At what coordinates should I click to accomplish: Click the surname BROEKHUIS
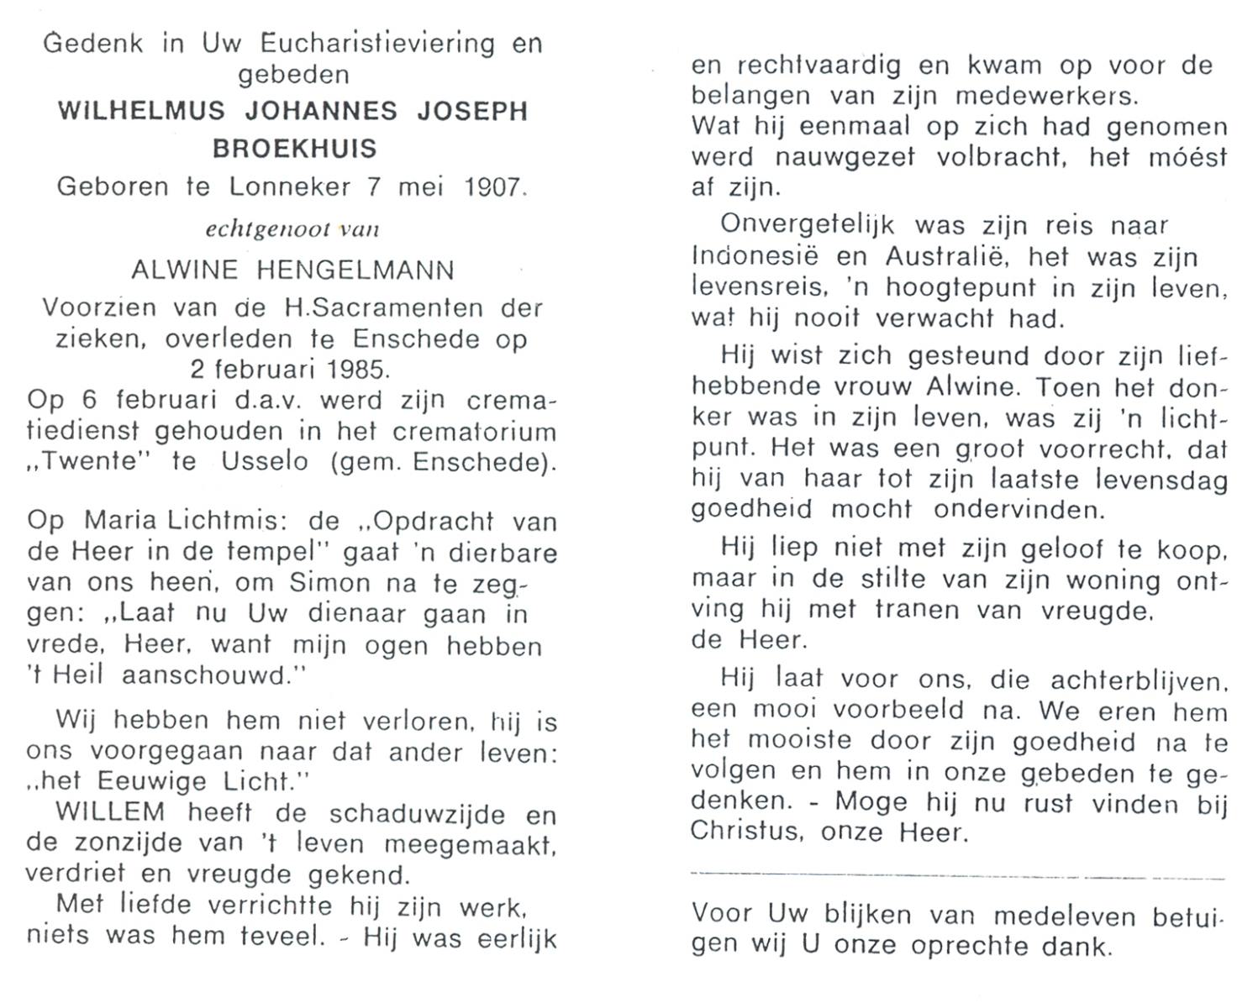(x=293, y=149)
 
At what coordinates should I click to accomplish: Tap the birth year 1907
(x=494, y=186)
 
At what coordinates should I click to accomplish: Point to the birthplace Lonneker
(x=290, y=186)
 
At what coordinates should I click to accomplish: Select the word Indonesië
(x=753, y=257)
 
